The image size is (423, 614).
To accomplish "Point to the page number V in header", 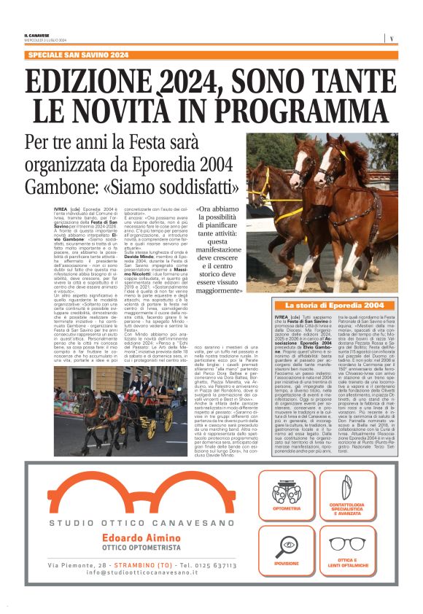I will pos(392,38).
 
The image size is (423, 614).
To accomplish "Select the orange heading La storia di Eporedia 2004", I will pos(334,305).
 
